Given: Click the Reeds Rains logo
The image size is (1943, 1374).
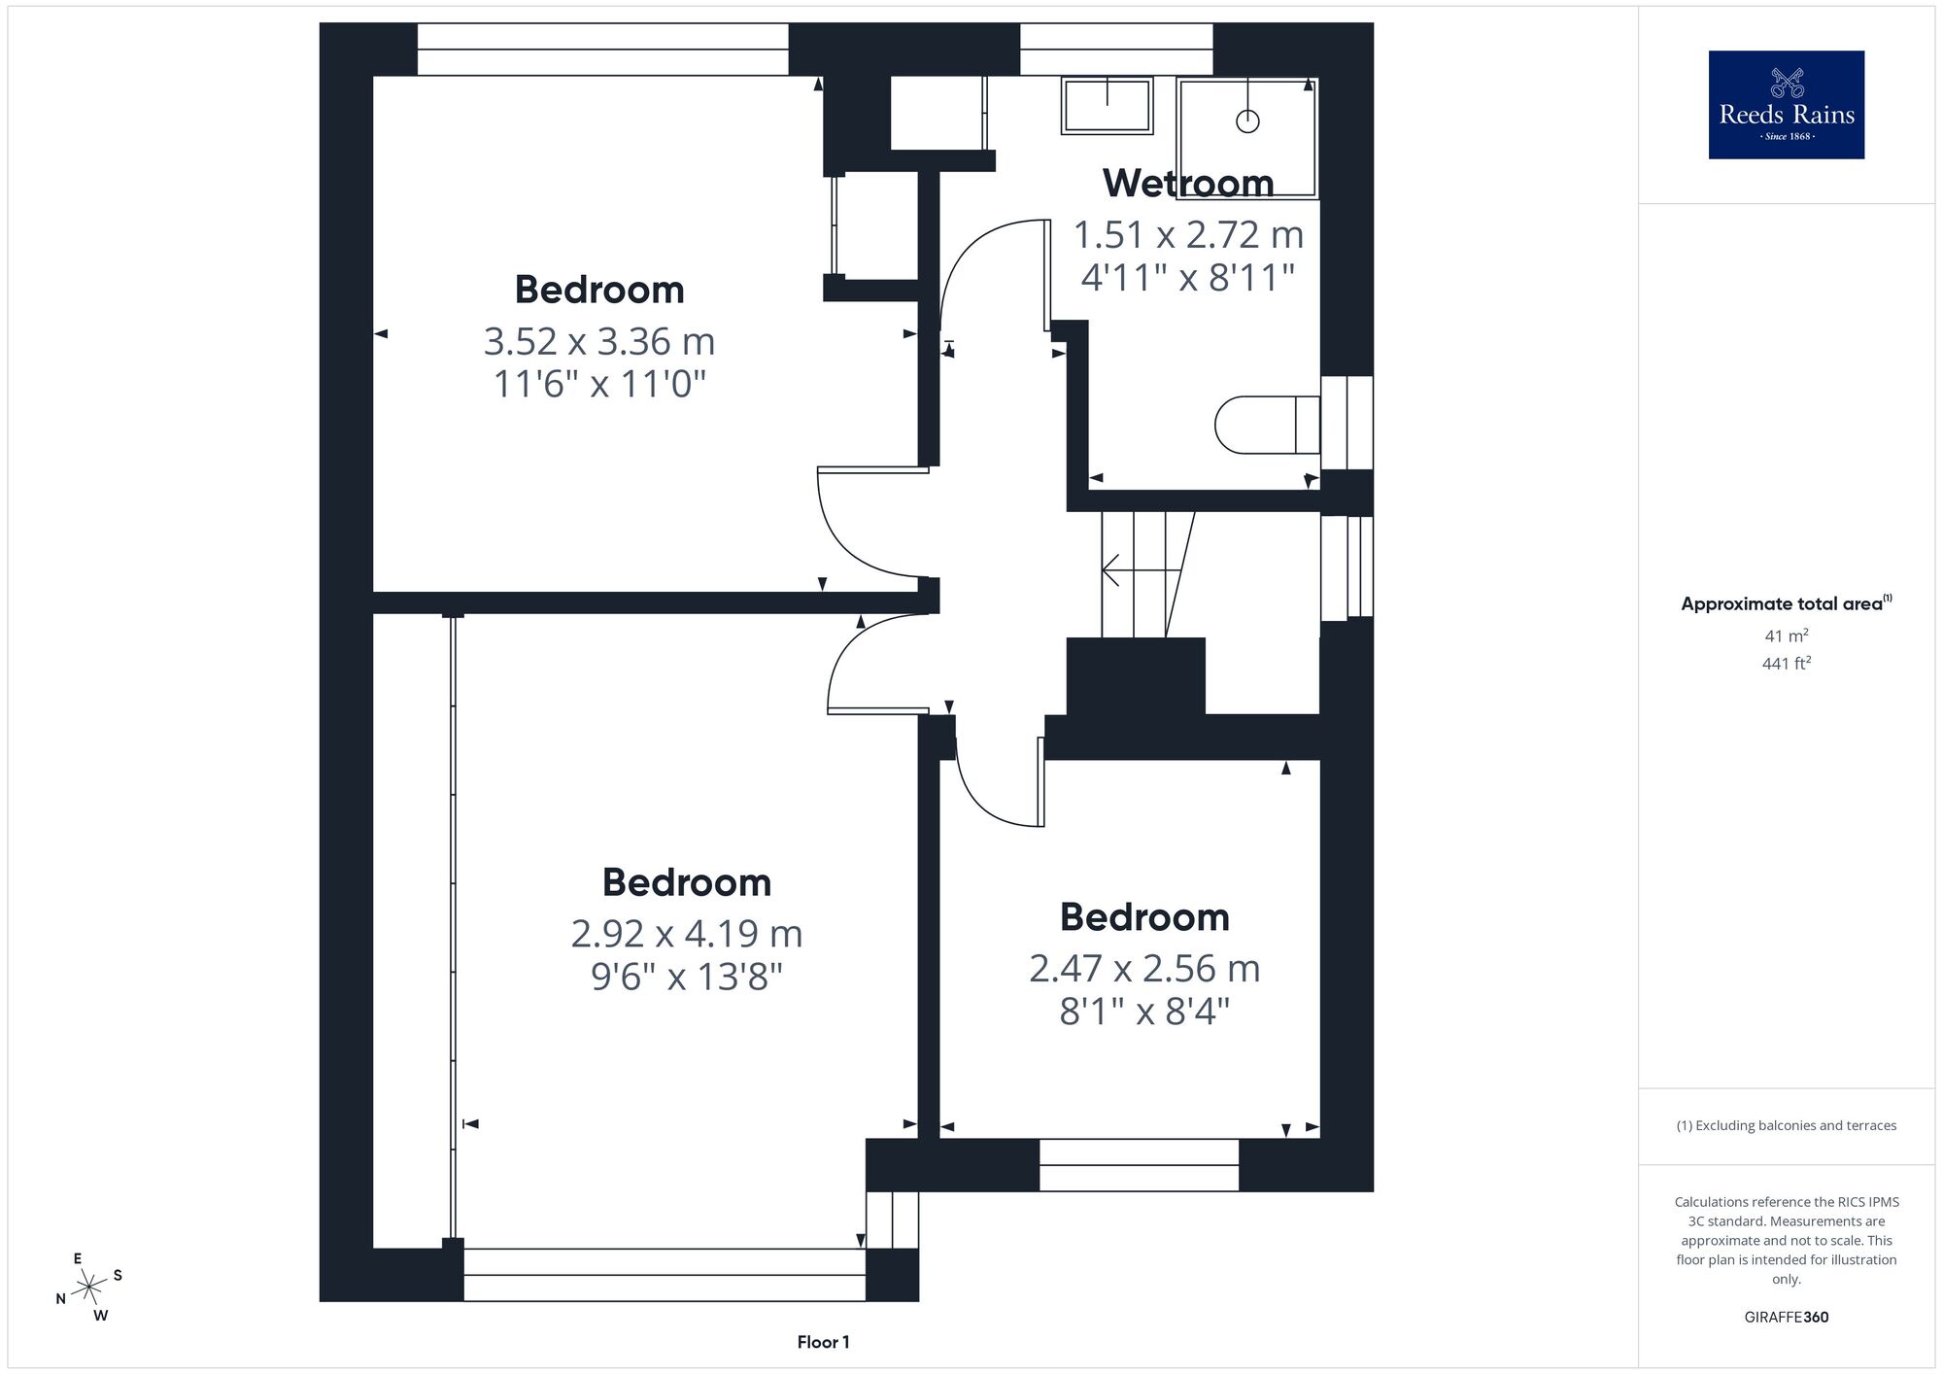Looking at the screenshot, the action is (1786, 105).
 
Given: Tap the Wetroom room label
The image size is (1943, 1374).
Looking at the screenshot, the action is (1188, 183).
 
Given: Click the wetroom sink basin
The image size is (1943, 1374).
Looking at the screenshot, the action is (1108, 105).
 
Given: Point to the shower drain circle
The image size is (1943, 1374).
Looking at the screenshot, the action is (1247, 121).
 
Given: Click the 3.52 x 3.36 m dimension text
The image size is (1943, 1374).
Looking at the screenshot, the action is (599, 341).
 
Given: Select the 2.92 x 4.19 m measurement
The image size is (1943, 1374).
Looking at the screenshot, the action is (687, 934).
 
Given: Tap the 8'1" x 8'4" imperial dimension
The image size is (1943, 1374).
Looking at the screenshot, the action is (1144, 1013).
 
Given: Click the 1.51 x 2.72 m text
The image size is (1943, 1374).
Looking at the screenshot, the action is (1188, 234).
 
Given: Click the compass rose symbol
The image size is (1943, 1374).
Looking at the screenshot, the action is (89, 1287).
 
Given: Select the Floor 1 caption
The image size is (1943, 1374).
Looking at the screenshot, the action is (823, 1342).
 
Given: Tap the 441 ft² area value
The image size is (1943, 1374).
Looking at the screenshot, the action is (1786, 664).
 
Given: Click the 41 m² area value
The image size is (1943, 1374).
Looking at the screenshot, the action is (1786, 636).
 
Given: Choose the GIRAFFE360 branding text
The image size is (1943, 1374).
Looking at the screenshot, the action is (1786, 1318).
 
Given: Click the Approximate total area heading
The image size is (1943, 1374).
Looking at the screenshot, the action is (1786, 603).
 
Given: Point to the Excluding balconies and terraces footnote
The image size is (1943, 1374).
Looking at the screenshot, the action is (1786, 1125).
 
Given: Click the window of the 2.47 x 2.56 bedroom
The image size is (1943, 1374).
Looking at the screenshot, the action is (1139, 1165).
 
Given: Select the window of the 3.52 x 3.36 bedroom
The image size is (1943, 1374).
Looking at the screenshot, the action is (602, 50).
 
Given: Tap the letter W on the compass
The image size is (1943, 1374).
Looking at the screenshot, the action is (101, 1316).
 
